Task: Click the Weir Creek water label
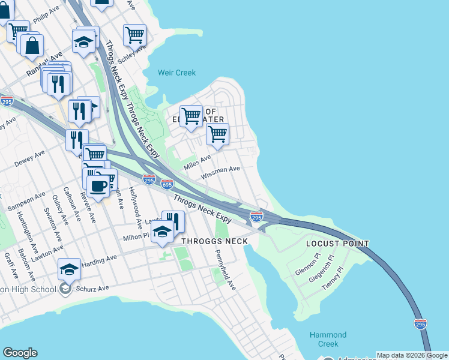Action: click(176, 73)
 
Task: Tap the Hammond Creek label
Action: click(328, 339)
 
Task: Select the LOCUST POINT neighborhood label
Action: click(337, 244)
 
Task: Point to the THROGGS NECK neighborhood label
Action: click(214, 241)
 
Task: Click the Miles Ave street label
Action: click(197, 161)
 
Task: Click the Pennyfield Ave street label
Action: click(226, 269)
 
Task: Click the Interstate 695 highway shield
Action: click(167, 184)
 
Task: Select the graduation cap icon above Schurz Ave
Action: click(70, 270)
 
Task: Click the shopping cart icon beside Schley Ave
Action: click(134, 35)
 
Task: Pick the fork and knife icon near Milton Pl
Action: click(173, 221)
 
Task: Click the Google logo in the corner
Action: click(20, 353)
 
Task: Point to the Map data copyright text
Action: click(412, 355)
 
